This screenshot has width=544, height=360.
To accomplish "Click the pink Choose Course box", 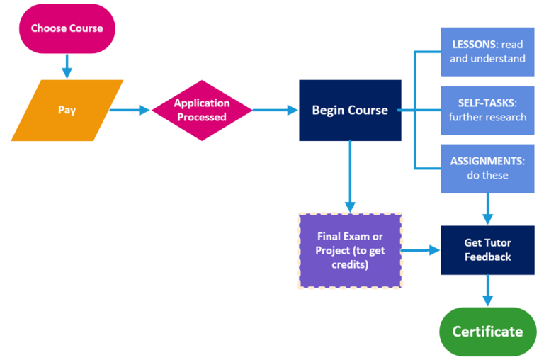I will [67, 29].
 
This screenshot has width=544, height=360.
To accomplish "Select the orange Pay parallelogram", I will [67, 111].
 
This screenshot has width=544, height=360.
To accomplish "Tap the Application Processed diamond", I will [203, 111].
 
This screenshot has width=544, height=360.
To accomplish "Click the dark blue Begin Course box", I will [350, 110].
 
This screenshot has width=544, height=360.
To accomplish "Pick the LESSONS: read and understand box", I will [487, 52].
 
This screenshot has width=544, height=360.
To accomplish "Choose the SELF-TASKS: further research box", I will [487, 110].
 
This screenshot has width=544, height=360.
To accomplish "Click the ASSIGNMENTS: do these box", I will [487, 168].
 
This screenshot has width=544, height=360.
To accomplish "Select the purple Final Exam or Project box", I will [349, 250].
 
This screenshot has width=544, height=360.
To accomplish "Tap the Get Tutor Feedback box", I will [487, 249].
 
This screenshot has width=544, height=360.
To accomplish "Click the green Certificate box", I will [487, 331].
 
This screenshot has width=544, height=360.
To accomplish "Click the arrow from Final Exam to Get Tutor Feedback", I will [421, 250].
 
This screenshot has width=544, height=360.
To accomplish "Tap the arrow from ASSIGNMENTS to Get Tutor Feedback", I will [487, 209].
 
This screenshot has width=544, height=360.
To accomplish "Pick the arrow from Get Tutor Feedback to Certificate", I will [487, 291].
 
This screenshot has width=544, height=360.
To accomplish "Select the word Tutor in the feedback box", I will [499, 243].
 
